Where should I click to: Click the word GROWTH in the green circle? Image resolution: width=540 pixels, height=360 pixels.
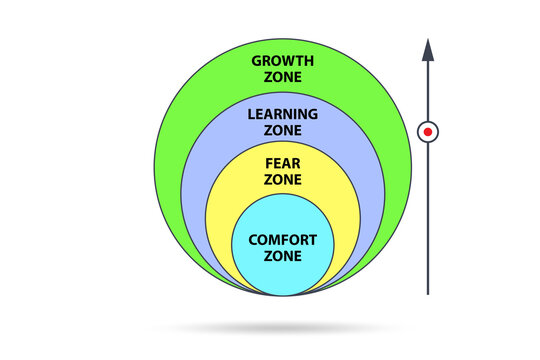pos(283,59)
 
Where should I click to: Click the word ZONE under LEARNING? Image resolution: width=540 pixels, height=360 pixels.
pos(283,132)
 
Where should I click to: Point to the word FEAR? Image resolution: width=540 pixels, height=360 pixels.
pos(283,162)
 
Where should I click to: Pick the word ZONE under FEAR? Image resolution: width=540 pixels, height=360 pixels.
pos(283,179)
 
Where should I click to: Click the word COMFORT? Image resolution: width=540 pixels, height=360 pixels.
pos(283,240)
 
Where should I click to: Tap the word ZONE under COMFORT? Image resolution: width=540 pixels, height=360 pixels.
pos(283,257)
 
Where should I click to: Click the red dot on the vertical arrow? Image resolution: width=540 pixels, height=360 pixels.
pos(428,131)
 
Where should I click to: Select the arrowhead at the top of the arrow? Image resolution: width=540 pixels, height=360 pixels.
pos(428,49)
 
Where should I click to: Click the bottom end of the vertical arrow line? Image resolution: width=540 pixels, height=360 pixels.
pos(428,292)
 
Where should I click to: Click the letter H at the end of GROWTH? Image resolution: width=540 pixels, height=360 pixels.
pos(309,59)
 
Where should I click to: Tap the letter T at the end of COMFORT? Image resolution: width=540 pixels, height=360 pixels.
pos(313,240)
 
